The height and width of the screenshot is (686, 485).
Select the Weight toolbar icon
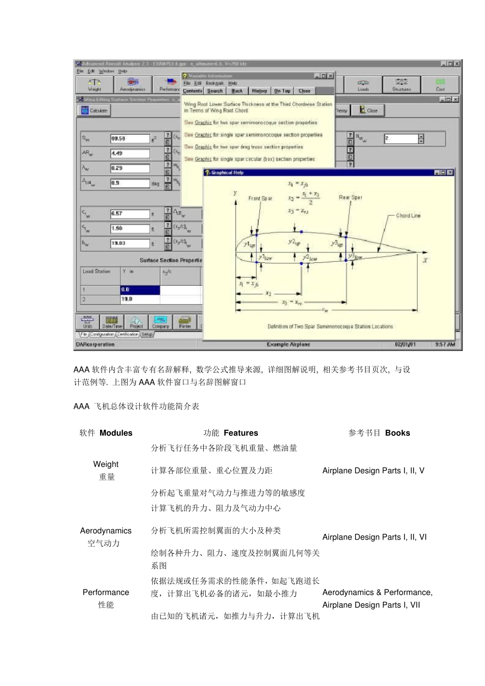(x=94, y=85)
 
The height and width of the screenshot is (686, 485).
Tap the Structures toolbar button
(x=401, y=85)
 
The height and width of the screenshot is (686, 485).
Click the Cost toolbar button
(x=440, y=85)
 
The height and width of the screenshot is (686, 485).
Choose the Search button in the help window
(x=215, y=91)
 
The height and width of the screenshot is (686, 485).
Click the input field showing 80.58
(x=130, y=139)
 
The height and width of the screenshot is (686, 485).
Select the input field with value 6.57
(x=130, y=214)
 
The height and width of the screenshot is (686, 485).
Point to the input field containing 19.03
(x=130, y=243)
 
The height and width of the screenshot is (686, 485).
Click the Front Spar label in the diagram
(x=260, y=198)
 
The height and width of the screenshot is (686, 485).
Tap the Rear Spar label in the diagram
(x=350, y=197)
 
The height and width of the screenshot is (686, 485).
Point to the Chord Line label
(x=408, y=216)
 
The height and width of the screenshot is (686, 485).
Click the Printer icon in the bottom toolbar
(x=185, y=322)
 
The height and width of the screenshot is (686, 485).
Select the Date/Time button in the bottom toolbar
(x=111, y=322)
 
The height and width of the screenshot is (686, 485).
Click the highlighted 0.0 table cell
(x=140, y=290)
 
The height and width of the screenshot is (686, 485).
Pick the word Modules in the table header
(x=116, y=433)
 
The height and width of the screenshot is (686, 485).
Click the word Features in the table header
(x=240, y=433)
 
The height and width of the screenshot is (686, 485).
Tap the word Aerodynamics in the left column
(x=106, y=531)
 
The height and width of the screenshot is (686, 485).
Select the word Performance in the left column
(x=106, y=592)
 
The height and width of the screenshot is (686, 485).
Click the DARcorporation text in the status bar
(x=95, y=345)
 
